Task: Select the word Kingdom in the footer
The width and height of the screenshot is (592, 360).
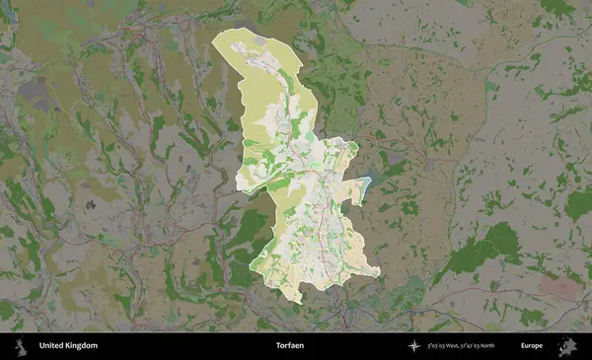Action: (82, 346)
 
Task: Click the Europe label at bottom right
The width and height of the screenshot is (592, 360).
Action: (533, 346)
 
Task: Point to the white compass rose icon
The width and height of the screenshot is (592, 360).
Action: (414, 346)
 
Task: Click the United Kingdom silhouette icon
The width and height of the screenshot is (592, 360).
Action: (19, 346)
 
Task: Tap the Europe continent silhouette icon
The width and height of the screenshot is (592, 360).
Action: (569, 346)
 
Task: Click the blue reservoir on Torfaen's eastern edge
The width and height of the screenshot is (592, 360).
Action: (368, 182)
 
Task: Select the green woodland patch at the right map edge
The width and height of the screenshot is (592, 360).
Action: (579, 205)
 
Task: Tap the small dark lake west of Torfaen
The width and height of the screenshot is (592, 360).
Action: (90, 205)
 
